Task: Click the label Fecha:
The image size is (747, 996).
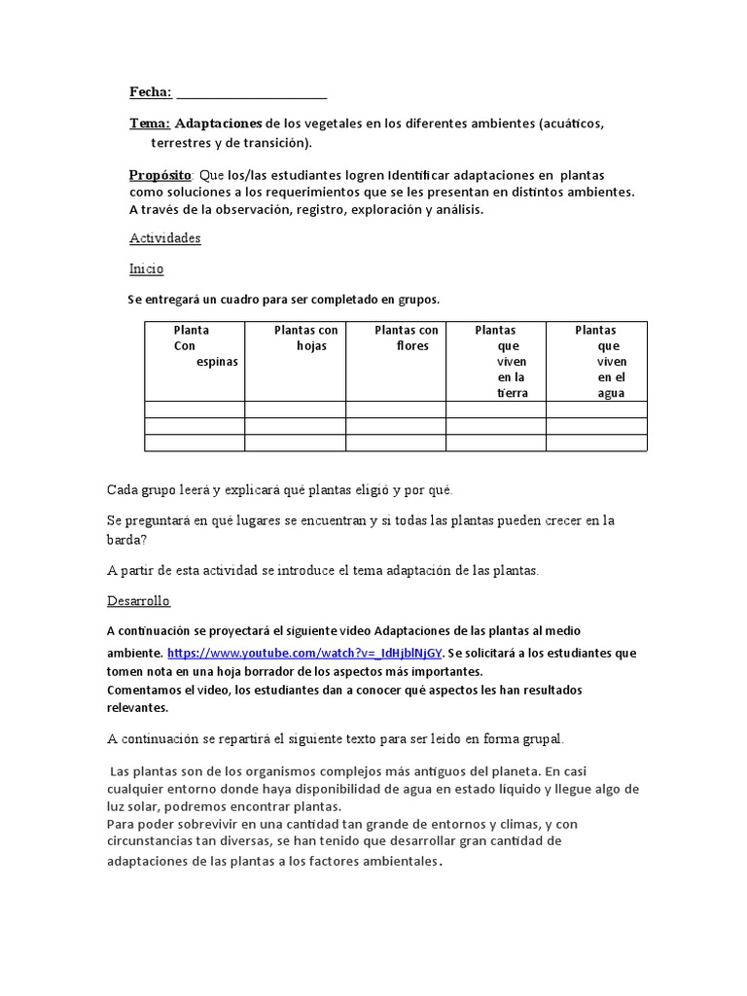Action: tap(151, 92)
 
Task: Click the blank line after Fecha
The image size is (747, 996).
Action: tap(252, 94)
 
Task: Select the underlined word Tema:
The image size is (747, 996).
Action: tap(150, 124)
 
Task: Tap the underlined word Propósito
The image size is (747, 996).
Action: tap(160, 175)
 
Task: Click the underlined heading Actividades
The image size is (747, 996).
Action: tap(164, 238)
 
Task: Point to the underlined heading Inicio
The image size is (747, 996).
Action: tap(146, 268)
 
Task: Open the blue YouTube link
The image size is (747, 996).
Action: tap(304, 653)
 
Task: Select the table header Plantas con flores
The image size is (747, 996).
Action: tap(406, 338)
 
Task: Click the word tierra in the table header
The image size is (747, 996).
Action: tap(511, 393)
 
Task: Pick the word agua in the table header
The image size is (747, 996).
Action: tap(611, 393)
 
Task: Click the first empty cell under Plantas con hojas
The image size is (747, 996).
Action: tap(295, 409)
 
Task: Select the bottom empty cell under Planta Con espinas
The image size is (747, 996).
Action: tap(195, 443)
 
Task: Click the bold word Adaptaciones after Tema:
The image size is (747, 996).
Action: tap(219, 124)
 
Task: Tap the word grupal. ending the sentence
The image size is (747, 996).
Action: tap(541, 739)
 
